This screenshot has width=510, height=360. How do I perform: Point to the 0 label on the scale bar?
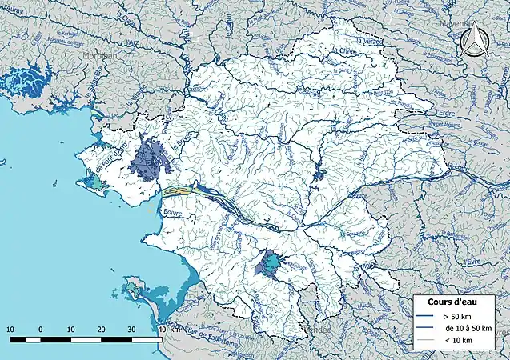click(x=40, y=330)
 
